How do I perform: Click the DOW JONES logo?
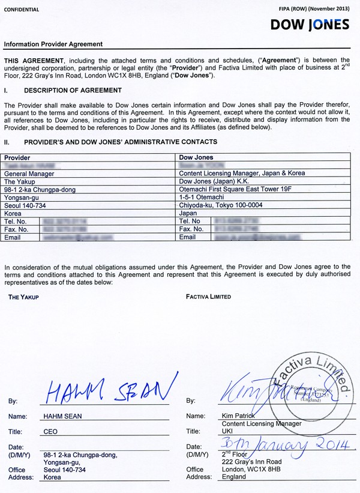[310, 25]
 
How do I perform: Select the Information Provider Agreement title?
[53, 44]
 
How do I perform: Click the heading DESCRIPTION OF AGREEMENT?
[73, 91]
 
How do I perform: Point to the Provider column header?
[17, 157]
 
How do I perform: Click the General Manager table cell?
[29, 174]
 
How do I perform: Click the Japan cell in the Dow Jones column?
[188, 213]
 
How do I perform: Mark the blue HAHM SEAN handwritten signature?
[110, 390]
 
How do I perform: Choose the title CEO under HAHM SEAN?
[51, 431]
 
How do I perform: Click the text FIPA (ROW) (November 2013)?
[314, 10]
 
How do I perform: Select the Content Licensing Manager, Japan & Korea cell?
[242, 174]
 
